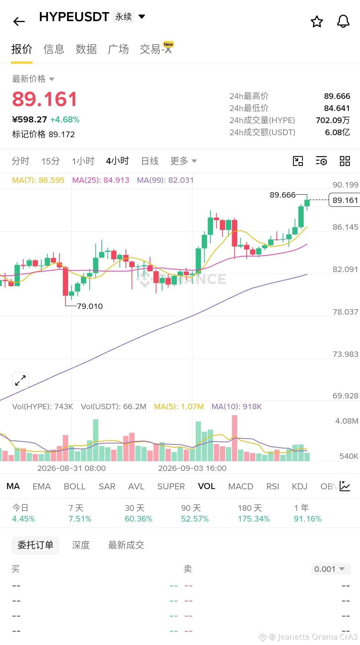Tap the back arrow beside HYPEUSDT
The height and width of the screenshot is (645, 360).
[x=19, y=21]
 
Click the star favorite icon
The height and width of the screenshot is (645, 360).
[x=317, y=21]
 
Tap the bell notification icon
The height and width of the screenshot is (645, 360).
[x=343, y=21]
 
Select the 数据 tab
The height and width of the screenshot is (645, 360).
[x=86, y=49]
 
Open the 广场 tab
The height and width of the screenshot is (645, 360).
[x=118, y=49]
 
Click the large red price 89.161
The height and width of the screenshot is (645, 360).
[x=45, y=99]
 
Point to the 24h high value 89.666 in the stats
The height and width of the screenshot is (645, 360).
[x=337, y=96]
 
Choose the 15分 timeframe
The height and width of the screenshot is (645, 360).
[x=51, y=161]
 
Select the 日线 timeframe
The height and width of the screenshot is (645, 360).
[x=150, y=161]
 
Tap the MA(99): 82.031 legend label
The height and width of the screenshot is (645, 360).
[x=165, y=180]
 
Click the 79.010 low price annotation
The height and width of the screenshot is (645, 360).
[x=90, y=306]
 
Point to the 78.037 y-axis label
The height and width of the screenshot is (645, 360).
[x=345, y=312]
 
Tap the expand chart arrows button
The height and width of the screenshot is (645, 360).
[x=20, y=380]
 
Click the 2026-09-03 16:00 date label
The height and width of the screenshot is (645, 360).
[x=192, y=468]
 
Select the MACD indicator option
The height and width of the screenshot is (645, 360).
[x=241, y=486]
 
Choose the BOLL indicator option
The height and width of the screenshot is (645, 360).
[x=74, y=486]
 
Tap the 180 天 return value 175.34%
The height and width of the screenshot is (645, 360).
[x=254, y=519]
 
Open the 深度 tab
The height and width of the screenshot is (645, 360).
[x=81, y=545]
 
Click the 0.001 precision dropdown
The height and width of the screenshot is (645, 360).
[x=331, y=569]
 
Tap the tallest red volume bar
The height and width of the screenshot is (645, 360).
[x=235, y=438]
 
